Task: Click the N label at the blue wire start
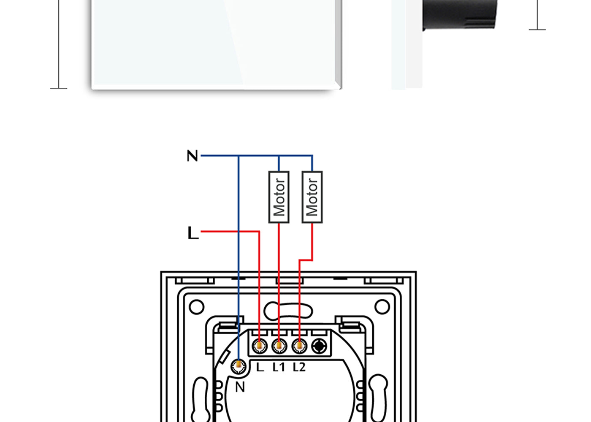192,156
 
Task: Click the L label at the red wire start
193,233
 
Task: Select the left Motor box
279,197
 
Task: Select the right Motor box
312,197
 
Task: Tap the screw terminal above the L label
260,346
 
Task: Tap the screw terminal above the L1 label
279,346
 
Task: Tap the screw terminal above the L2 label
299,346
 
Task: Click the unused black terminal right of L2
319,346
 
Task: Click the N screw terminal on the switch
239,366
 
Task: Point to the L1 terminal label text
279,367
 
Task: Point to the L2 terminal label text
299,367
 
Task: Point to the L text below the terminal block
260,367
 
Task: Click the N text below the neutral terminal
240,387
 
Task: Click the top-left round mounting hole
197,307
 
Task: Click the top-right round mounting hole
382,307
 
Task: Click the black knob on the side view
460,14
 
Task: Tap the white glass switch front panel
216,43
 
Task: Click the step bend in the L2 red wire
306,260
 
